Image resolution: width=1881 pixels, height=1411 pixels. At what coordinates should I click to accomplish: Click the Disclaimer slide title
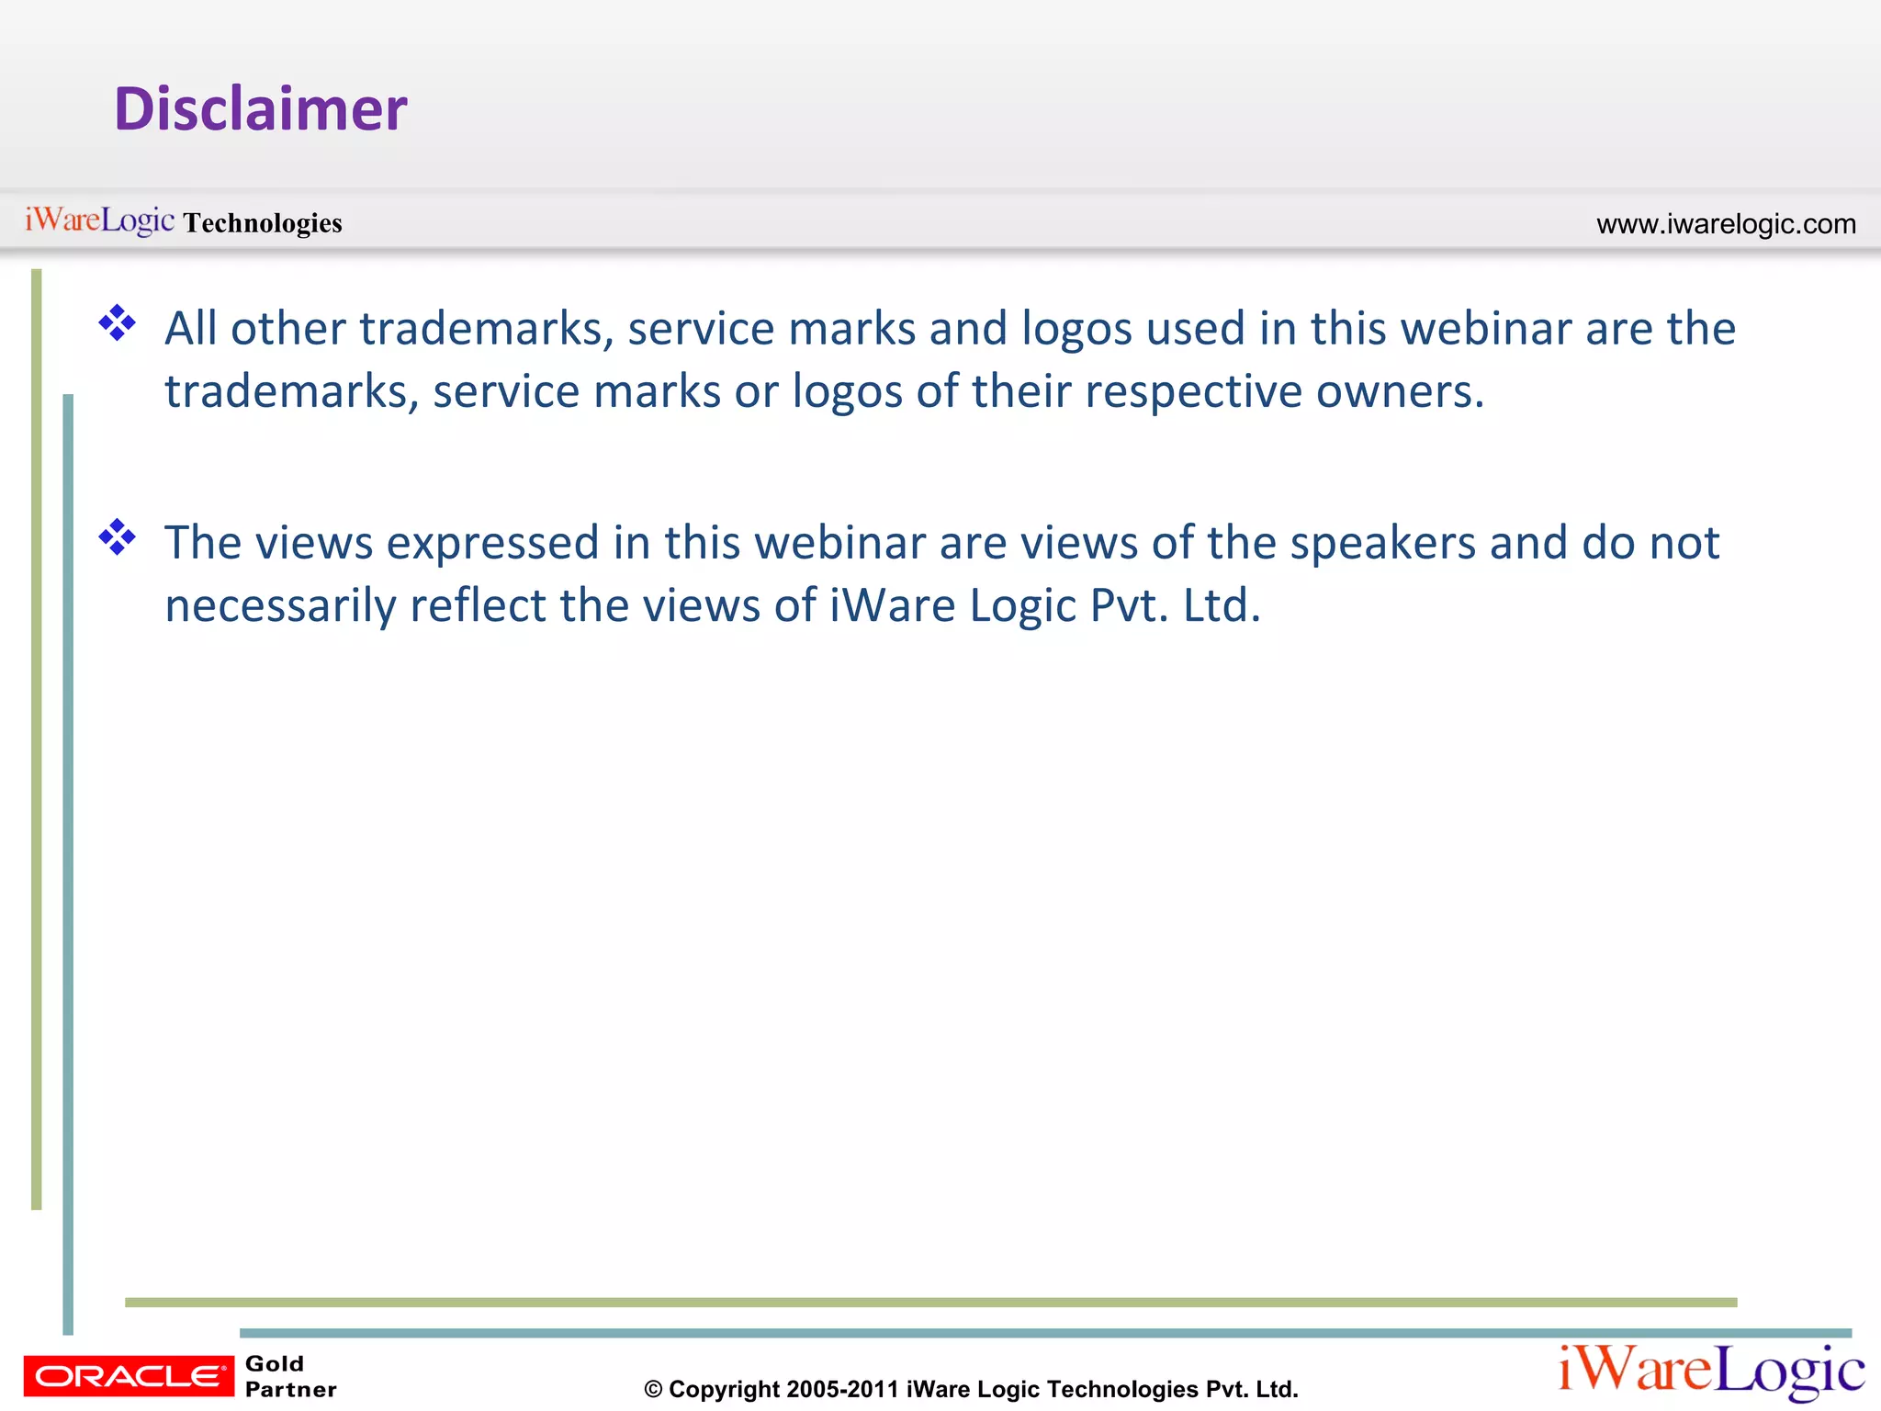[260, 108]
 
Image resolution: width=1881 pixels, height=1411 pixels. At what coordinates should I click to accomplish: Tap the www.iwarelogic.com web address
[1726, 224]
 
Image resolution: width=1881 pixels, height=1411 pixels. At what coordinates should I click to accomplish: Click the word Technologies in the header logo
[263, 223]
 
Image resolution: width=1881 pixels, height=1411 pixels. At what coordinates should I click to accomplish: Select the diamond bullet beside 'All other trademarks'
[118, 322]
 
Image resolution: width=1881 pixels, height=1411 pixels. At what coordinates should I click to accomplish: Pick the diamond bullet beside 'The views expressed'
[118, 537]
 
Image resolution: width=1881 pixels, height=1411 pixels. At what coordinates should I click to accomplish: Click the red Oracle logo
[129, 1376]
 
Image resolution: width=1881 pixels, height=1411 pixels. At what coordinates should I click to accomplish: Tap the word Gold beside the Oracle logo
[275, 1363]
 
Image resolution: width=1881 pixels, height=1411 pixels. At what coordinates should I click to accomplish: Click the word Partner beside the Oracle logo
[291, 1389]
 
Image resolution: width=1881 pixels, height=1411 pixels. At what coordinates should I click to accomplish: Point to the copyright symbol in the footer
[653, 1389]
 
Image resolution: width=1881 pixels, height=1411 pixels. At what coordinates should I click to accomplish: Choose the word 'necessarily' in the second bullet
[280, 606]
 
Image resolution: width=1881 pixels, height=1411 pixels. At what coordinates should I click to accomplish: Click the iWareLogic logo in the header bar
[99, 220]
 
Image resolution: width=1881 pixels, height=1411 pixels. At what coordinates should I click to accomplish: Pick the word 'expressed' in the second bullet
[493, 543]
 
